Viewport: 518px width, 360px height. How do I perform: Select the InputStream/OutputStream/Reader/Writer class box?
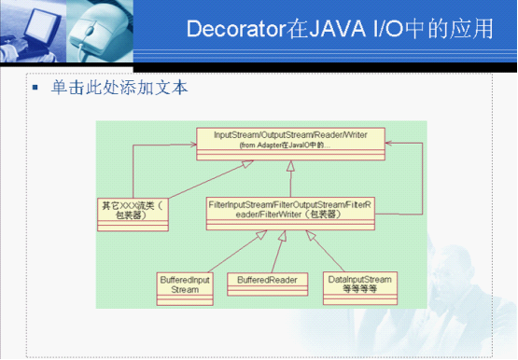click(289, 140)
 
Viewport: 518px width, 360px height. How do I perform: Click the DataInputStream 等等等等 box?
click(362, 284)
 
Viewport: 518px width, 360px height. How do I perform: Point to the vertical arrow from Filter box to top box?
click(290, 176)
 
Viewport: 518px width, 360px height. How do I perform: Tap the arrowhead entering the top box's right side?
click(389, 142)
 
